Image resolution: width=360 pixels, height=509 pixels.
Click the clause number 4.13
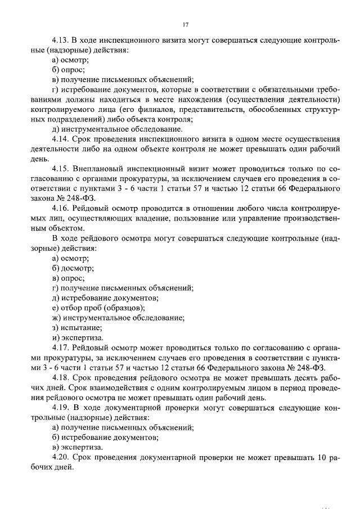click(60, 40)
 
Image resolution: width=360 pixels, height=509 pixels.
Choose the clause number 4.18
click(60, 377)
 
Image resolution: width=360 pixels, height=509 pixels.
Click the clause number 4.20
click(60, 457)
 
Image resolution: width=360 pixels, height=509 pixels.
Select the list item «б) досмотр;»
click(73, 268)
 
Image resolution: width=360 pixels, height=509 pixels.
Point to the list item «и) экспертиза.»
click(77, 337)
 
